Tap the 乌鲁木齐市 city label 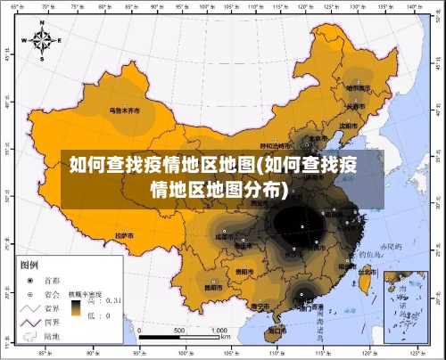pos(125,110)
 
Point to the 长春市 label pos(356,105)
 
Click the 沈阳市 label pos(350,125)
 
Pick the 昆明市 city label pos(213,288)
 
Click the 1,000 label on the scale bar pos(219,330)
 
